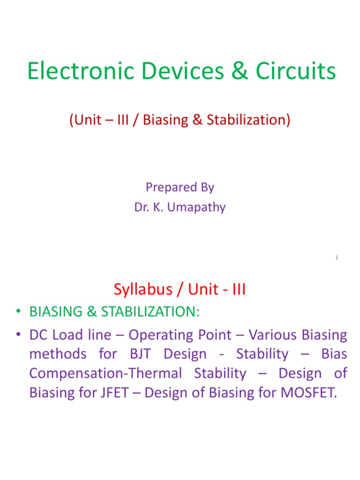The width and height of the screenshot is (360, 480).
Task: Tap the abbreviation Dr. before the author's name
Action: pos(142,207)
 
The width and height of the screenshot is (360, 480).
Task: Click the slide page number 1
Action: pos(337,257)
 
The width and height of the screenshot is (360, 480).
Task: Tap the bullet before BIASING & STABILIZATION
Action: pos(17,313)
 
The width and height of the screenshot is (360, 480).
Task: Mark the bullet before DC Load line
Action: pos(17,335)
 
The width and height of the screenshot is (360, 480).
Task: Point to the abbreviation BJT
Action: pos(138,354)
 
